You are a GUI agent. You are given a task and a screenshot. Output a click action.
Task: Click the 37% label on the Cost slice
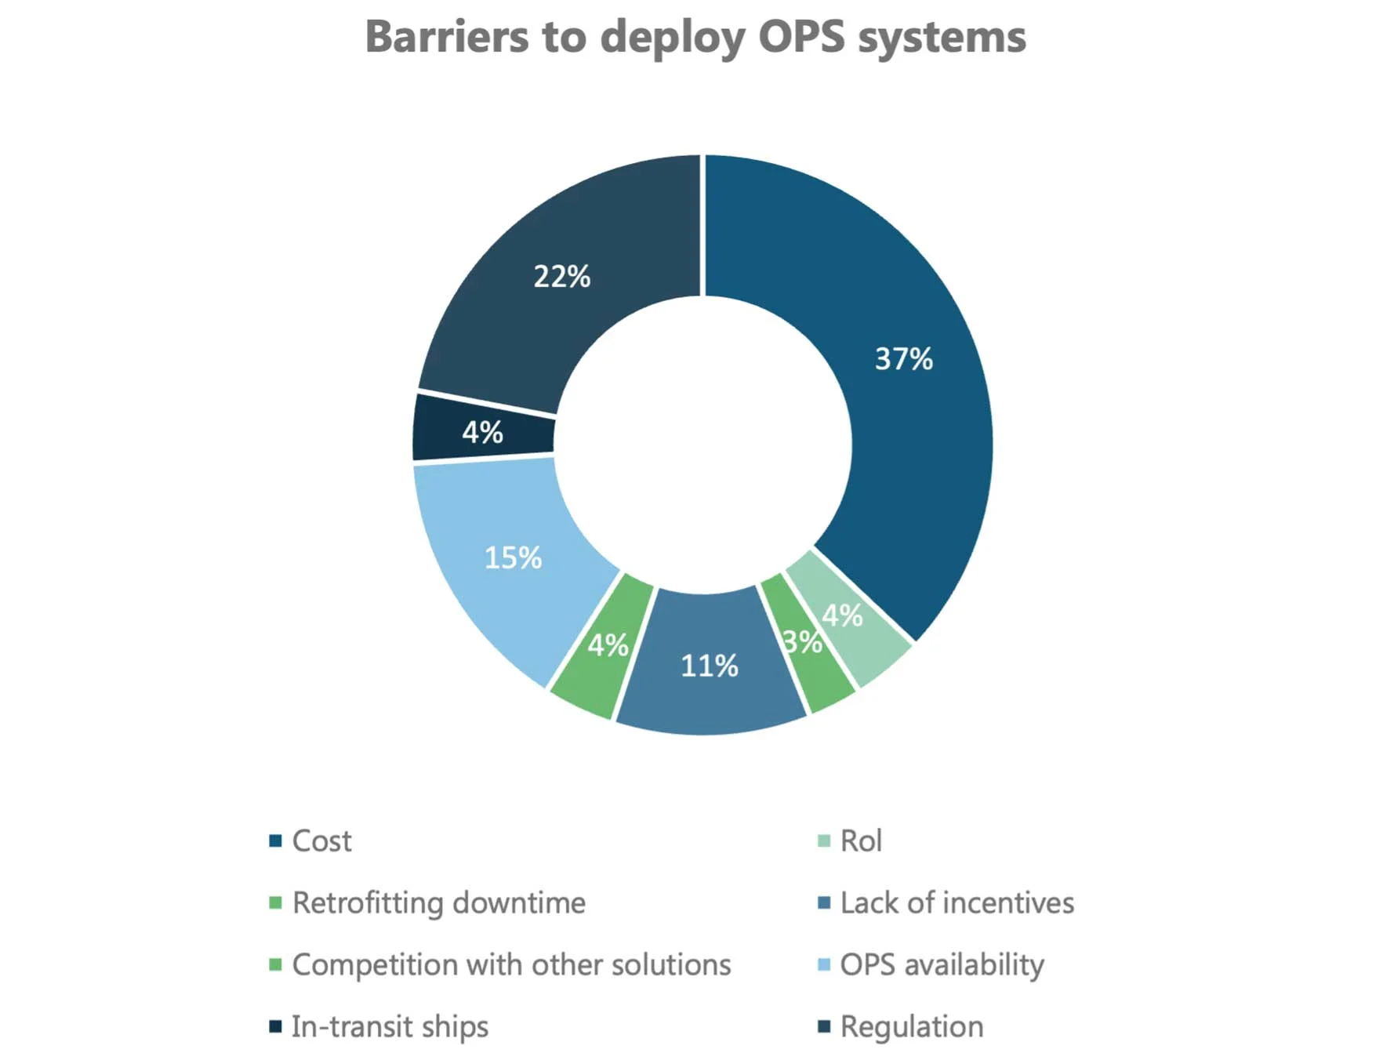903,359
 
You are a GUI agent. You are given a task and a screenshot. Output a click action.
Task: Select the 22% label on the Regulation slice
561,277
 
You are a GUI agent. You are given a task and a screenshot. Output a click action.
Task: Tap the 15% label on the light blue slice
513,558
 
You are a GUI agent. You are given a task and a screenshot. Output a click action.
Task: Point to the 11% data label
709,666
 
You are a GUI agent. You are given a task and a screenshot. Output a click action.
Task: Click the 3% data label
802,642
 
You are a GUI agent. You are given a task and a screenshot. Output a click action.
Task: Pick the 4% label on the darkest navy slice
482,432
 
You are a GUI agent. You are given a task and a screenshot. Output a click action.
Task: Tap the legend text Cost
321,841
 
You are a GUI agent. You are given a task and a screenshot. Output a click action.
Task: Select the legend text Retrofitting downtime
438,903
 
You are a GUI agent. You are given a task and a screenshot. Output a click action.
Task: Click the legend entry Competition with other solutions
511,965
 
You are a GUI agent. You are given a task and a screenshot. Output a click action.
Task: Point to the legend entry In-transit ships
390,1027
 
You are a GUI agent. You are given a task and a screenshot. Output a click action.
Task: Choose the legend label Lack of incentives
957,903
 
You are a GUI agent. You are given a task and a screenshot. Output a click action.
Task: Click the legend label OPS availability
942,965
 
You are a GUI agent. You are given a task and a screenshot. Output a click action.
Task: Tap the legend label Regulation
911,1027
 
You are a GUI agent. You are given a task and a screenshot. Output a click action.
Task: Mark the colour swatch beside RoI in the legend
823,841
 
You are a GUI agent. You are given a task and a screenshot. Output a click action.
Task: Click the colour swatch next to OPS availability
823,964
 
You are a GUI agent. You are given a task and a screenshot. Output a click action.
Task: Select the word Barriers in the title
446,37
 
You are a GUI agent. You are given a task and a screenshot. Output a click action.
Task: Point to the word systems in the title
942,37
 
